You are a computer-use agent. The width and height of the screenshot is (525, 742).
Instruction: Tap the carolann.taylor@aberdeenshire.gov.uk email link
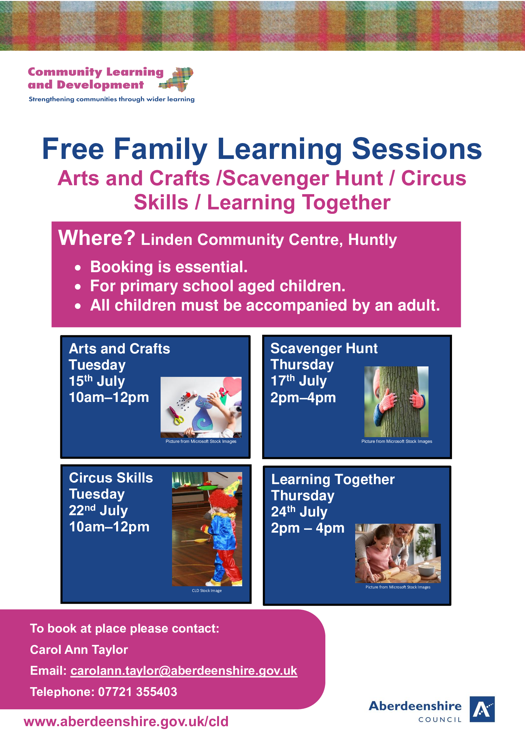(184, 671)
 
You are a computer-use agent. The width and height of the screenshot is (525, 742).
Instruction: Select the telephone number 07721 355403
(137, 692)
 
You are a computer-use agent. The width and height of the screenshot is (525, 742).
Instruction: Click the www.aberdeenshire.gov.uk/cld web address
(126, 721)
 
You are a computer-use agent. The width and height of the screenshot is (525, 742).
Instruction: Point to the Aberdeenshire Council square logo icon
(482, 709)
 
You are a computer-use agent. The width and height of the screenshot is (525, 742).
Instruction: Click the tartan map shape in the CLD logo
(176, 79)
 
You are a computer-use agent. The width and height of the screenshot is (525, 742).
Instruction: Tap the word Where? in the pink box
(97, 238)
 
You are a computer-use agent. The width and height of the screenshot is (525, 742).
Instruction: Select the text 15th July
(97, 381)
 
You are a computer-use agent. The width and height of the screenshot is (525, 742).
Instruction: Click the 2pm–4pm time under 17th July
(303, 397)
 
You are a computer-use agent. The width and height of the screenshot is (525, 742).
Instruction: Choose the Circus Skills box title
(111, 478)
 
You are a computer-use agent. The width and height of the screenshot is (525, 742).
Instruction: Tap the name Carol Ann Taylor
(79, 650)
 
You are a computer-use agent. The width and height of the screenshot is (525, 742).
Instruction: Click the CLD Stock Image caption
(207, 590)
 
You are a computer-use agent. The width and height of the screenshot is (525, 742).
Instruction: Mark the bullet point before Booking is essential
(77, 268)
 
